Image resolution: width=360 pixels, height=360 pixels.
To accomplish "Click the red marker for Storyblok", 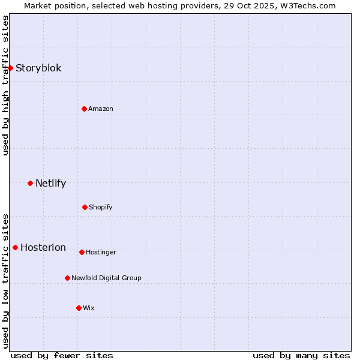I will click(11, 68).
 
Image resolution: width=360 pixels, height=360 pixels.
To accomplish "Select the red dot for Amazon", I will click(84, 109).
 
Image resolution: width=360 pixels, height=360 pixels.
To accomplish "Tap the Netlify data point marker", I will click(30, 183).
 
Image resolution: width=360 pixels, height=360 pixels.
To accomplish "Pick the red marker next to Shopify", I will click(85, 207).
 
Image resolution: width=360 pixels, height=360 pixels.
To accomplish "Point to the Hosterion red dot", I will click(15, 247).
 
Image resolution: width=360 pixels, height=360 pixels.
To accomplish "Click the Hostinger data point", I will click(82, 252).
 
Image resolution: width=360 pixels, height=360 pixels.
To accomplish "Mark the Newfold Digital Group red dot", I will click(67, 278).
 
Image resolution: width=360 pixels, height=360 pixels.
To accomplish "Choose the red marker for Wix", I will click(79, 308).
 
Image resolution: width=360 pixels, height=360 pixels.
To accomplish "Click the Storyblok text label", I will click(38, 68).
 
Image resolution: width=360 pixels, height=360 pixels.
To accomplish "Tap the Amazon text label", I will click(101, 109).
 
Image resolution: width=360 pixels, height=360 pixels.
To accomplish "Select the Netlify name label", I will click(50, 183).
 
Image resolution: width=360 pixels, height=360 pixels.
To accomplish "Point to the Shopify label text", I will click(101, 207).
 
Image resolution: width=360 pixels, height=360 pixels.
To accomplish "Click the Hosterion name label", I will click(43, 247).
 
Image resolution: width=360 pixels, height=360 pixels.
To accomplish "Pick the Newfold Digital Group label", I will click(106, 278).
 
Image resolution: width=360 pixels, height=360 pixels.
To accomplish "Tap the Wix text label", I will click(89, 308).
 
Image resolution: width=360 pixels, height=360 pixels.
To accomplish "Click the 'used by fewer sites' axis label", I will click(62, 355).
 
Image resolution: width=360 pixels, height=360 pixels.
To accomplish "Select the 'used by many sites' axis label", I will click(301, 355).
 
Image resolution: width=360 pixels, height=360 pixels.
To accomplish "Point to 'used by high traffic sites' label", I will click(5, 85).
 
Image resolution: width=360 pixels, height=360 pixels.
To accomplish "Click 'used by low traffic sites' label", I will click(5, 281).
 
